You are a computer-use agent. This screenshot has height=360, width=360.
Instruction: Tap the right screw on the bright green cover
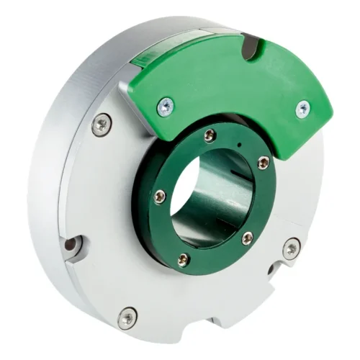tap(303, 109)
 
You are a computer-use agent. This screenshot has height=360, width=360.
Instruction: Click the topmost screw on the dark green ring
tap(210, 135)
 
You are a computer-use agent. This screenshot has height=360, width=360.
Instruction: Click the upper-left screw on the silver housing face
tap(101, 125)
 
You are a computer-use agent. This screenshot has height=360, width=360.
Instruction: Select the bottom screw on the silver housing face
tap(127, 316)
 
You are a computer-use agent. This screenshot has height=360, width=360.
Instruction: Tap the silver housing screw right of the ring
tap(291, 249)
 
